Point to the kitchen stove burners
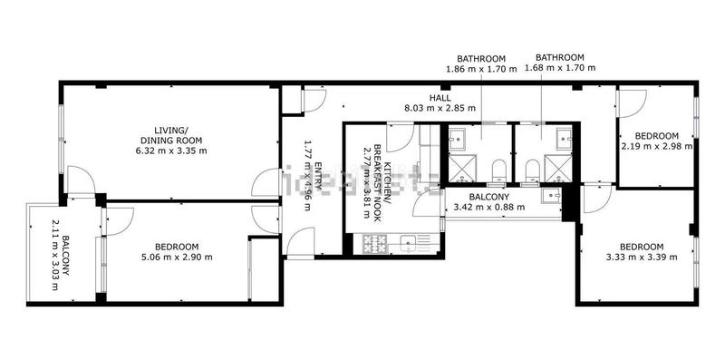pos(373,242)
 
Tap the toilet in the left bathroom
pos(498,169)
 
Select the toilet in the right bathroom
pos(530,169)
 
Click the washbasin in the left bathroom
pos(458,138)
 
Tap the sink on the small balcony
pos(549,196)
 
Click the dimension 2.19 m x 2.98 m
pos(657,145)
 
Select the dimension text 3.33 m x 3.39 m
pos(641,258)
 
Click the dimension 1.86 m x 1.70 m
pos(481,68)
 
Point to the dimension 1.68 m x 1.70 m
pos(559,68)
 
